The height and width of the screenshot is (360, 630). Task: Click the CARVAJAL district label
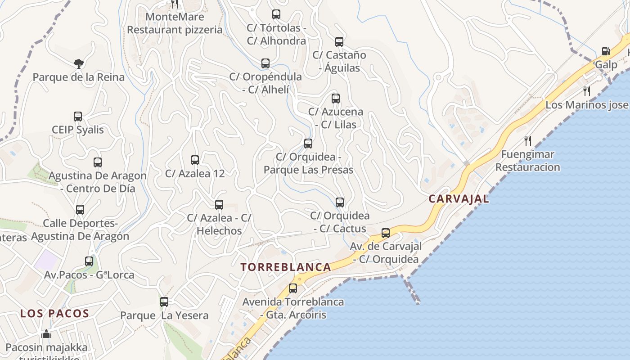459,199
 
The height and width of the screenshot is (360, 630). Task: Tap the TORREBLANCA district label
286,267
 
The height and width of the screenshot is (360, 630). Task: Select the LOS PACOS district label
54,314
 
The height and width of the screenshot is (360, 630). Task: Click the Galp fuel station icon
606,52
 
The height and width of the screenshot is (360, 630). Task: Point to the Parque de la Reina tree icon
79,64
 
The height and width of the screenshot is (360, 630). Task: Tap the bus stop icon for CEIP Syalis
78,117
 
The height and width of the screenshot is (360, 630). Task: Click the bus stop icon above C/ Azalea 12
195,160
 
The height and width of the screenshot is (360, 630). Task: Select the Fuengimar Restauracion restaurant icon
528,141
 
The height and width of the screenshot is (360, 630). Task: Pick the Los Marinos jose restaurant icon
587,91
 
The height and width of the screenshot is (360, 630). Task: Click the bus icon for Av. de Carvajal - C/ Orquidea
386,233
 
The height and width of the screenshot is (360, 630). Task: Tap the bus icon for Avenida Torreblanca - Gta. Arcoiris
293,288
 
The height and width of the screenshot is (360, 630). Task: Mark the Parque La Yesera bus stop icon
164,302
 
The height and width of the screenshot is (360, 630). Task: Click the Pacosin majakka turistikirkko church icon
46,334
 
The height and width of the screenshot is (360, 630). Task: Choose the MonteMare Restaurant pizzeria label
175,23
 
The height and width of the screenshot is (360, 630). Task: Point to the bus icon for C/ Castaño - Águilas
339,42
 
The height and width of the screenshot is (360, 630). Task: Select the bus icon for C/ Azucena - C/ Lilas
336,99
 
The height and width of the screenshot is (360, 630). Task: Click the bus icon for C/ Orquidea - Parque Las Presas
308,144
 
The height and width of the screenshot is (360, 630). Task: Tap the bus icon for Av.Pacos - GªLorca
89,261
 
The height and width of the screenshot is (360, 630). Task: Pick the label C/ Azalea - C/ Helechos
219,224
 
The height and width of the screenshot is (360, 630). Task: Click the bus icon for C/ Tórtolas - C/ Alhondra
276,14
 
